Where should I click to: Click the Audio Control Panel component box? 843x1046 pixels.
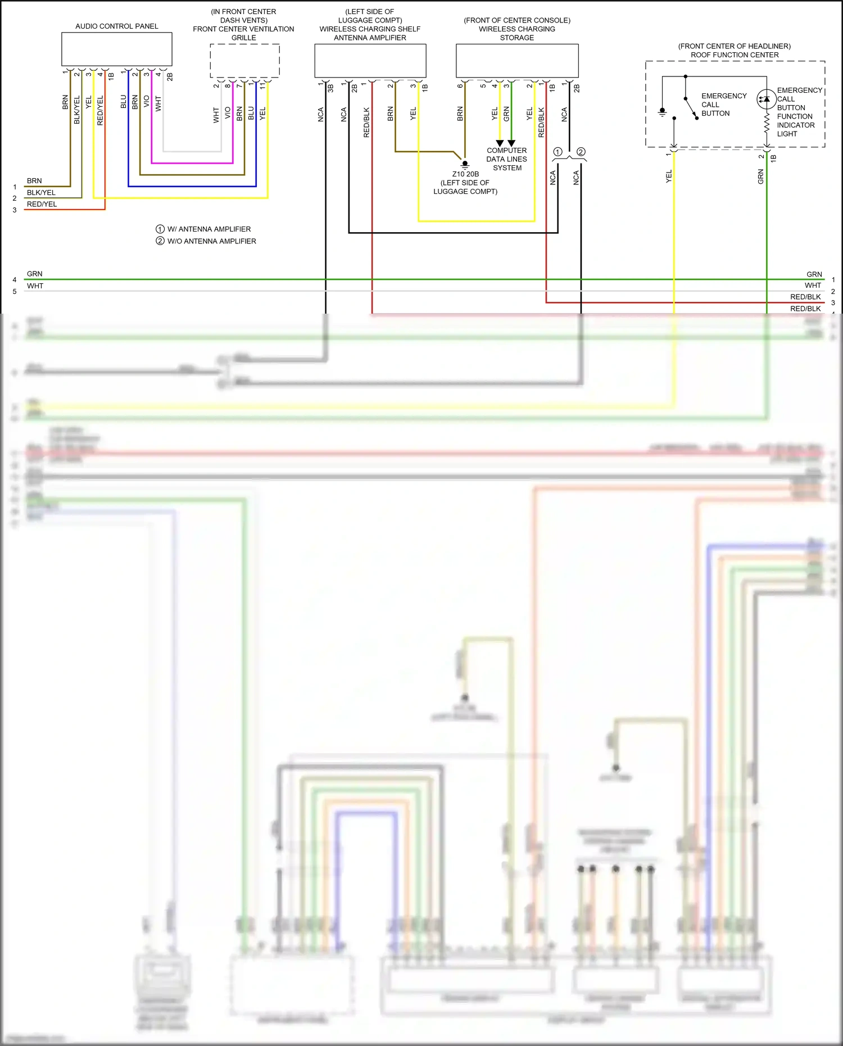116,49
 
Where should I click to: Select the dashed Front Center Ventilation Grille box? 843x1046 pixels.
244,61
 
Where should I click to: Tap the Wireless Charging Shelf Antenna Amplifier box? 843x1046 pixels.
370,61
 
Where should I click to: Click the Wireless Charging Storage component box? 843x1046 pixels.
516,61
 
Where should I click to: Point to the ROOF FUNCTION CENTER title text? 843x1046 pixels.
735,55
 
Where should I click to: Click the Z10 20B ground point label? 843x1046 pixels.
465,174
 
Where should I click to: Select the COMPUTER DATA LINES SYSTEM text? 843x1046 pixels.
507,159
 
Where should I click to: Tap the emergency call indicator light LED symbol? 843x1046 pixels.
766,99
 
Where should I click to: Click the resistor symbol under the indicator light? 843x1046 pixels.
767,124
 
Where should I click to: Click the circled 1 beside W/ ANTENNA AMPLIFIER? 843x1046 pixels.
160,229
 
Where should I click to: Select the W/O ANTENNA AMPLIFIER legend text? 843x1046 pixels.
212,241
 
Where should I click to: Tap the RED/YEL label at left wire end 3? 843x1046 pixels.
42,204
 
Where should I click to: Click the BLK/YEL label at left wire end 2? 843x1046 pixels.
41,192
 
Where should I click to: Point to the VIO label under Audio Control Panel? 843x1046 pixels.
147,102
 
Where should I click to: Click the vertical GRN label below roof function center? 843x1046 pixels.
761,177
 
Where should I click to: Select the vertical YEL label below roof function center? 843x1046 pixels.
669,176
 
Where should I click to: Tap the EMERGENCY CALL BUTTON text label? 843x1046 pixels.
723,105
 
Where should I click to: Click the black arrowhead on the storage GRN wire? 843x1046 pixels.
511,143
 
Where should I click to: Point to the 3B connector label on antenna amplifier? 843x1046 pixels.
330,88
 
